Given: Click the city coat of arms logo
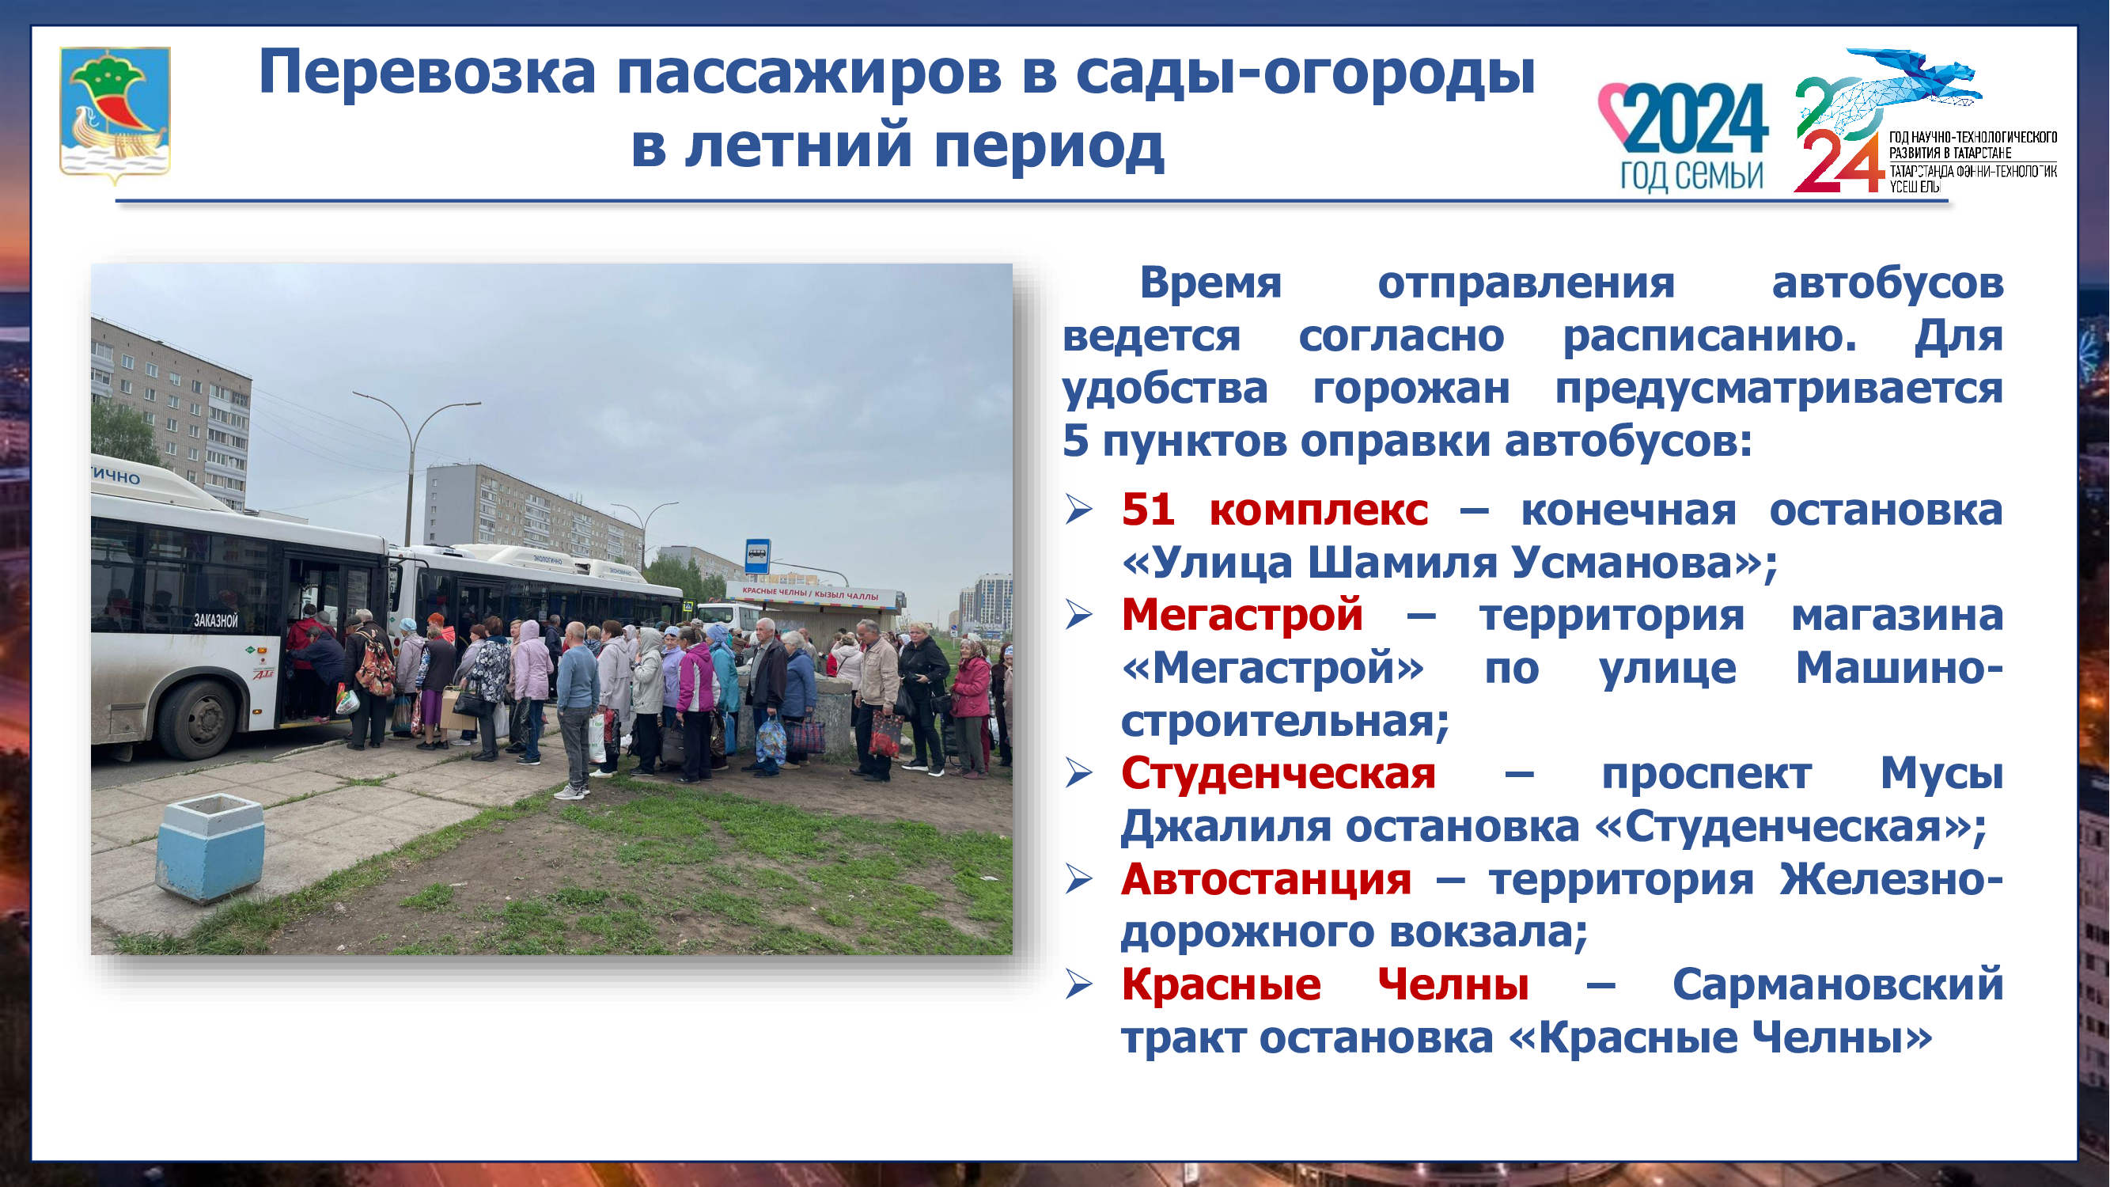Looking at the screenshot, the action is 115,115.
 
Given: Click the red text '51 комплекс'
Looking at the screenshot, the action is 1275,510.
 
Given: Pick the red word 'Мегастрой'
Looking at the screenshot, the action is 1242,614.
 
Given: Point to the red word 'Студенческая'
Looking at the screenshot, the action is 1279,773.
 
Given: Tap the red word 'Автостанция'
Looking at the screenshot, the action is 1267,879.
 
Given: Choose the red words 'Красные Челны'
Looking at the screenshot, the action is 1324,984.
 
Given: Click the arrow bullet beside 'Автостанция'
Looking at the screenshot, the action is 1079,880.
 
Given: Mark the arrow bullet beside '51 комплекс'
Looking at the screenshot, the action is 1079,510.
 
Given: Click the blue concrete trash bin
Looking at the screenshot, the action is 210,847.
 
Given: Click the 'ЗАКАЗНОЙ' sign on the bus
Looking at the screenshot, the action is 215,620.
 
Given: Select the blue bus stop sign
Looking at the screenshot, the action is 757,556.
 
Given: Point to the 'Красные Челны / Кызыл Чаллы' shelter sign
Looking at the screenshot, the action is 809,594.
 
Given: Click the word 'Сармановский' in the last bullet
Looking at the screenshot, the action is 1838,984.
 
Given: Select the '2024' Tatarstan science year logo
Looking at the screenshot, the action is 1925,123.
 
